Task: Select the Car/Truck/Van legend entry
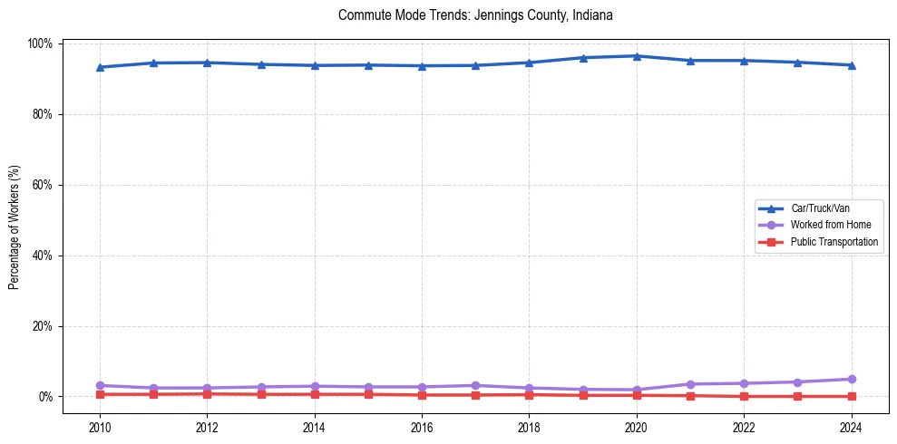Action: point(819,208)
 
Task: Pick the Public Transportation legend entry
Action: point(834,242)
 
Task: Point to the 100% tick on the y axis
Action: point(40,43)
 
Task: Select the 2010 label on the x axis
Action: point(100,428)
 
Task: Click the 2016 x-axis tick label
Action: point(422,428)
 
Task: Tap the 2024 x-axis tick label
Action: point(851,428)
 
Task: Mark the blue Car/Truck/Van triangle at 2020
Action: point(637,56)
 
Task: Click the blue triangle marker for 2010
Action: point(100,67)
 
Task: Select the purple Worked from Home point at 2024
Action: point(851,379)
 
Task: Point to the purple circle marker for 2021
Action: point(690,384)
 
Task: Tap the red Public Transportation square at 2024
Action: point(851,396)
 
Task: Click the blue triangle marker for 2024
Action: point(851,65)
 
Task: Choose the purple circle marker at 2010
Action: point(100,385)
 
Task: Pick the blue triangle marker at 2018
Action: point(529,63)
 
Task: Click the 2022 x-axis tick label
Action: point(744,428)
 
